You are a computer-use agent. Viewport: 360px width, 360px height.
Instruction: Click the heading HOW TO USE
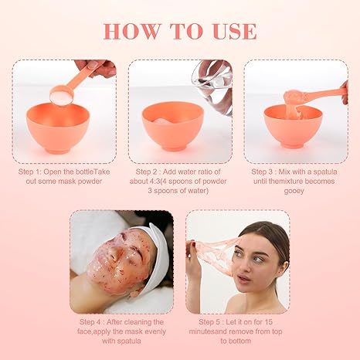click(x=179, y=31)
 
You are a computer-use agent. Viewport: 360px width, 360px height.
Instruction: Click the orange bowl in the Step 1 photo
click(x=57, y=127)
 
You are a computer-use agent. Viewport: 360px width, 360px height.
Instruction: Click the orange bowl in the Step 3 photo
click(x=293, y=127)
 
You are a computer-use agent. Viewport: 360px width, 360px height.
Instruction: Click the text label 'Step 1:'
click(x=32, y=172)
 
